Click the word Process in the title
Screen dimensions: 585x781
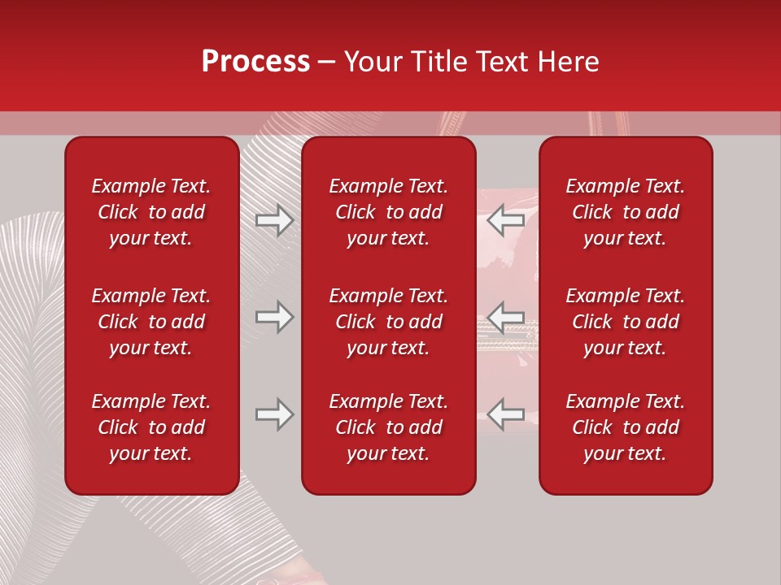(255, 62)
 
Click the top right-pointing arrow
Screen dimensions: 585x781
(274, 220)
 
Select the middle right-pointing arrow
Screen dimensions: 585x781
(274, 317)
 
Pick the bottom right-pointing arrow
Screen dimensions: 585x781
(274, 414)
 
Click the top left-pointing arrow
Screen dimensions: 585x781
(506, 220)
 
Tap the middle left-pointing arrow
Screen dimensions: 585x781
(506, 317)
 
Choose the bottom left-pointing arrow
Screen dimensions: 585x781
(506, 414)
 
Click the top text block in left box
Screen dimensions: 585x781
(151, 212)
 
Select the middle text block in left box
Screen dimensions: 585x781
(151, 322)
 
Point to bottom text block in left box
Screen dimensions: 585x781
(151, 427)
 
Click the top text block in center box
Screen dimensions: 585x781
(389, 212)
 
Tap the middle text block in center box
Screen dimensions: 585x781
(389, 322)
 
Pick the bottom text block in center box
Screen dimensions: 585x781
(389, 427)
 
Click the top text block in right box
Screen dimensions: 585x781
(626, 212)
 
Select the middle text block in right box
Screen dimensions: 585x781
(626, 322)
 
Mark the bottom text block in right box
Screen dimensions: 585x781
(626, 427)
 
